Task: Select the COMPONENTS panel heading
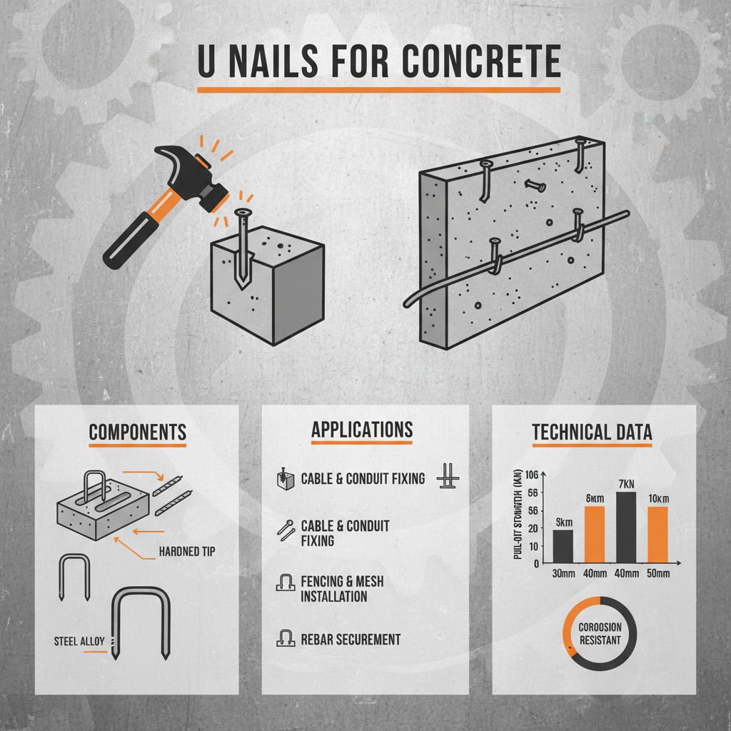pos(138,432)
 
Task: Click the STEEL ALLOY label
pos(79,641)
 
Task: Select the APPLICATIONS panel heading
pos(362,430)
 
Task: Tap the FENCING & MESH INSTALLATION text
pos(342,589)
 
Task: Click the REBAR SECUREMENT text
pos(351,640)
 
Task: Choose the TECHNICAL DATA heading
pos(592,432)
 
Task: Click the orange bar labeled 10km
pos(657,534)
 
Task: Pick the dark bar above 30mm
pos(563,545)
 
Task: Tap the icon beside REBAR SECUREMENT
pos(285,638)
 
